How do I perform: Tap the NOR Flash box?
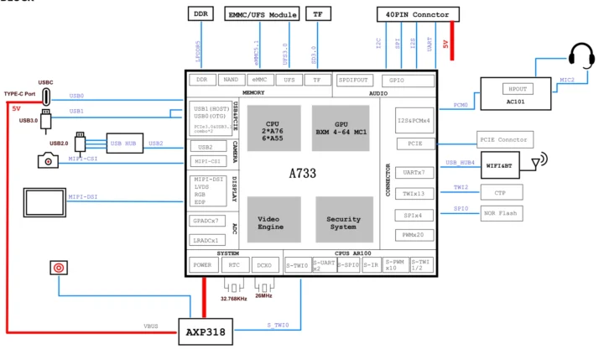click(x=501, y=213)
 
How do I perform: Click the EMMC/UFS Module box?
click(x=263, y=14)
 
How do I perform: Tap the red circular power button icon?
click(x=58, y=269)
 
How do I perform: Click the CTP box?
click(x=501, y=191)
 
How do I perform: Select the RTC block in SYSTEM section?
click(x=234, y=265)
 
